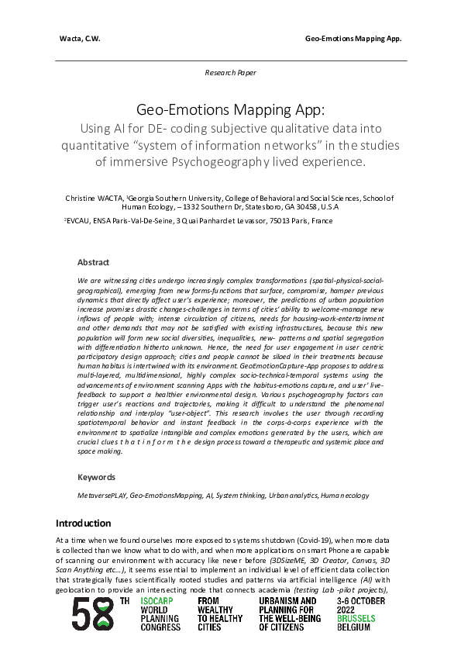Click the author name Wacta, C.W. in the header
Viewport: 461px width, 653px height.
79,39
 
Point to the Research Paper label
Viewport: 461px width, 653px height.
230,72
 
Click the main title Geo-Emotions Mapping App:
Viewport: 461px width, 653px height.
230,111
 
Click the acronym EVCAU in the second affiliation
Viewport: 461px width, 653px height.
79,221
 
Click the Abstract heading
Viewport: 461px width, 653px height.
93,263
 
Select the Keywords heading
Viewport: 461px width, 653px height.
96,477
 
